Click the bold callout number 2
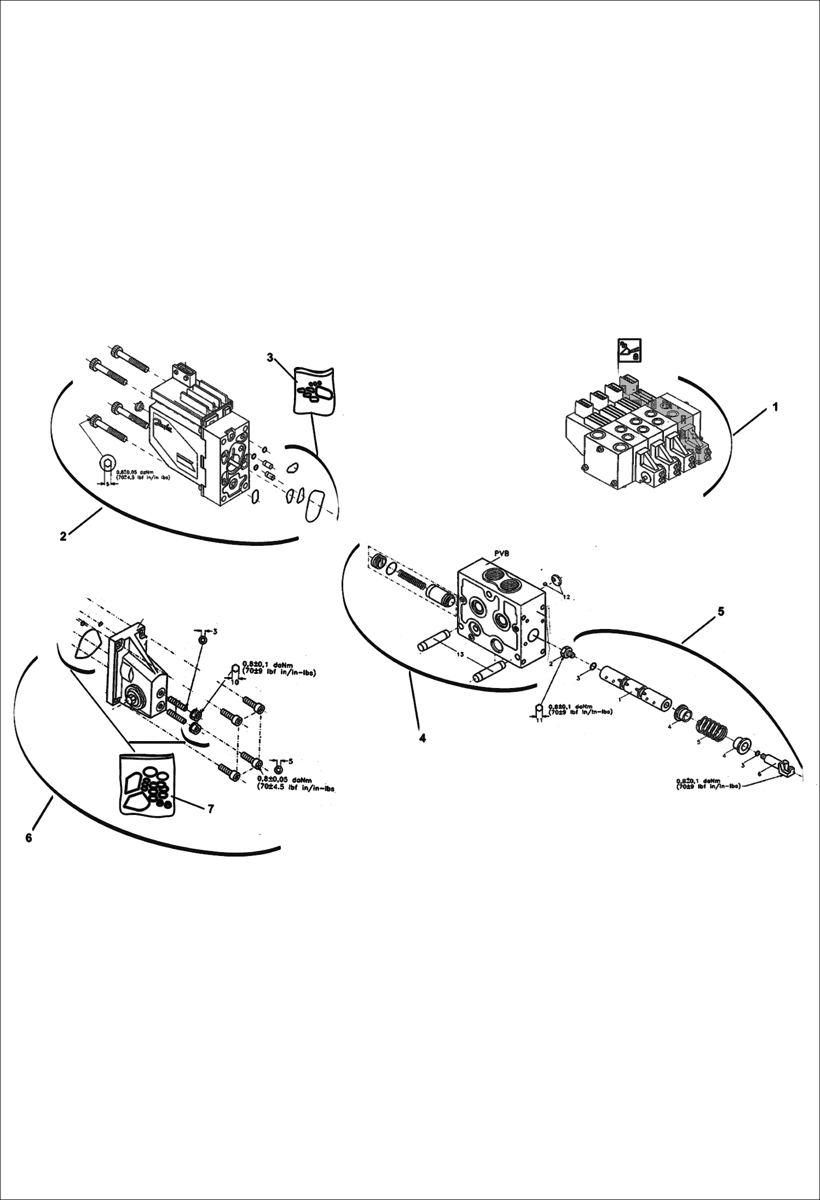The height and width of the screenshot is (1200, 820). pyautogui.click(x=63, y=537)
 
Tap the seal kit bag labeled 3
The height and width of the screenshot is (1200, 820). pyautogui.click(x=314, y=389)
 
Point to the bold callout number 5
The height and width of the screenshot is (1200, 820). pyautogui.click(x=721, y=611)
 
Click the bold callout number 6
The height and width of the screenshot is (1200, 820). pyautogui.click(x=29, y=837)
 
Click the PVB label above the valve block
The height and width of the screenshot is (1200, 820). pyautogui.click(x=503, y=553)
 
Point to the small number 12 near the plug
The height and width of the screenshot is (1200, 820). pyautogui.click(x=566, y=597)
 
